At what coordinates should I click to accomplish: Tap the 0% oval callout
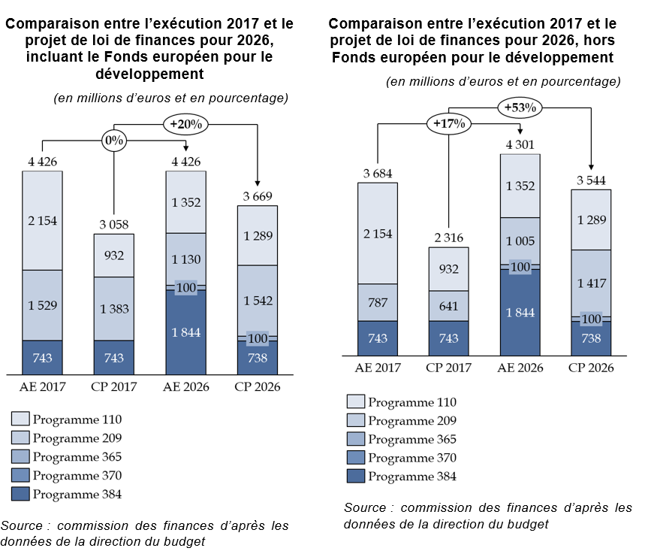(113, 140)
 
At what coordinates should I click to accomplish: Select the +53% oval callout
(520, 107)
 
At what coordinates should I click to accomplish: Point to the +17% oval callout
(449, 123)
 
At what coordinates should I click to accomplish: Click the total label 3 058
(113, 225)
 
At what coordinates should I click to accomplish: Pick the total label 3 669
(257, 196)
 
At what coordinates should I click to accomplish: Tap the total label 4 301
(520, 144)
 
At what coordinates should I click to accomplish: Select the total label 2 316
(449, 238)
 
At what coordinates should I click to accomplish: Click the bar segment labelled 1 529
(42, 304)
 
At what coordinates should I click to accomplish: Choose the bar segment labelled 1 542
(257, 300)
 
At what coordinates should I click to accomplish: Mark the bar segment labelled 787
(378, 302)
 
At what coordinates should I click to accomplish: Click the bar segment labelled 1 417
(592, 283)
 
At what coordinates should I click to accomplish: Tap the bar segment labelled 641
(449, 305)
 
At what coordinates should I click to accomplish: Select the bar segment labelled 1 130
(185, 259)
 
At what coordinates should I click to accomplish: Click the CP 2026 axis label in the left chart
(257, 386)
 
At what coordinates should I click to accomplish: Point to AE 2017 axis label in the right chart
(378, 368)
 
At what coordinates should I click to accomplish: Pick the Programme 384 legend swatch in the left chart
(20, 494)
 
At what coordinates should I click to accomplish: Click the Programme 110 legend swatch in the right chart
(355, 402)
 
